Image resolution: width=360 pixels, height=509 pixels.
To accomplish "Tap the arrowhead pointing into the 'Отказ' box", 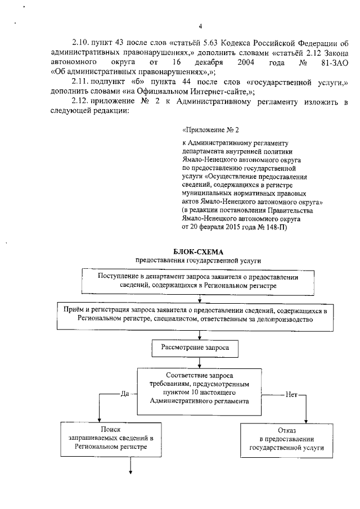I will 307,420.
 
